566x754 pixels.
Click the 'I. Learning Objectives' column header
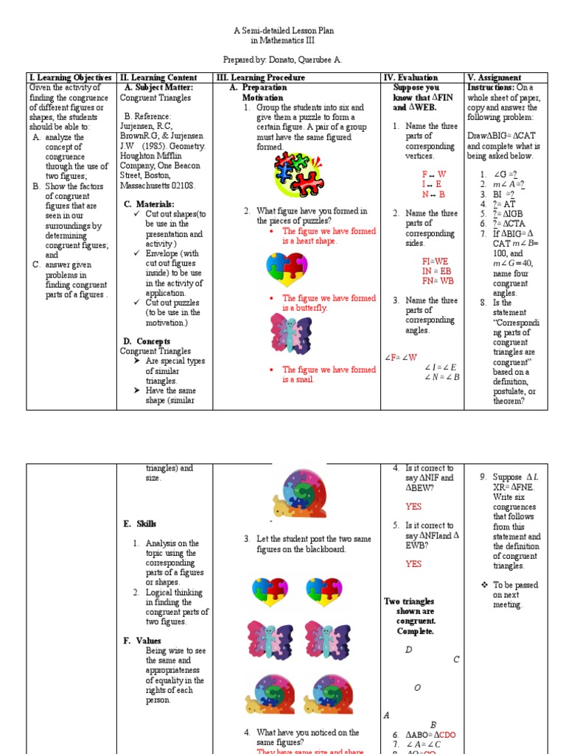(x=70, y=77)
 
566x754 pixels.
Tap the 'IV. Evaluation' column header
(x=410, y=77)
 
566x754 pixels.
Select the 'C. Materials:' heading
(x=149, y=204)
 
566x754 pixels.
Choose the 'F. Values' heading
(x=141, y=641)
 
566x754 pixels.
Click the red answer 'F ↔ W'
(x=433, y=174)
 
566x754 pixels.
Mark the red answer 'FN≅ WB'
(x=438, y=281)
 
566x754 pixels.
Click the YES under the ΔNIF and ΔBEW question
(x=413, y=507)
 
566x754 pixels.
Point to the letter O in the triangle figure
(x=417, y=688)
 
